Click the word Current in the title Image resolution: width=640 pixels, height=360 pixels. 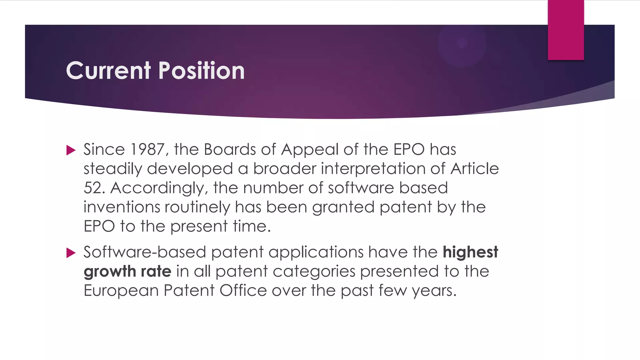108,71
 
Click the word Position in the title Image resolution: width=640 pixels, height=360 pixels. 202,71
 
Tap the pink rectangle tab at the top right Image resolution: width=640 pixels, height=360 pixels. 566,30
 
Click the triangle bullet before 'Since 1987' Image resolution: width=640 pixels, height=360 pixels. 71,150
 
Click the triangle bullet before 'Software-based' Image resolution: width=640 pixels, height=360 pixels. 71,253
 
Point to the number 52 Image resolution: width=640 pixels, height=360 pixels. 93,188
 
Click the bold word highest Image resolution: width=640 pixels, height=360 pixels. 470,252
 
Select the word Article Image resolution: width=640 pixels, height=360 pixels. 474,169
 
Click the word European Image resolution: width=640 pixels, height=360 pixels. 121,291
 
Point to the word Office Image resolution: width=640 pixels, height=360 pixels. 243,291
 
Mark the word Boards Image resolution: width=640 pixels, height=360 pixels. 230,149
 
